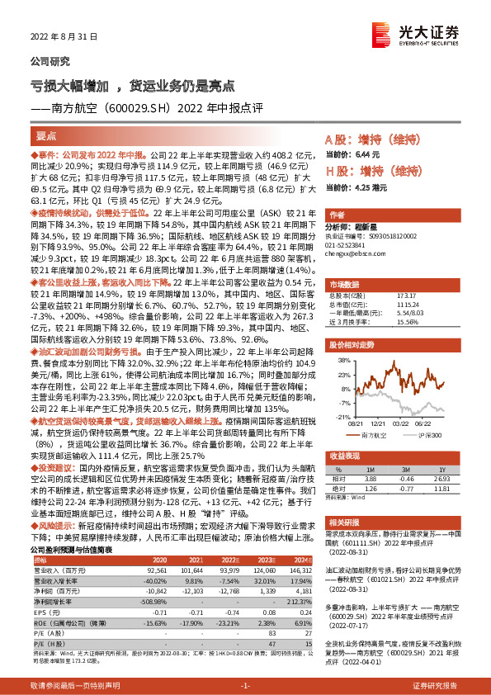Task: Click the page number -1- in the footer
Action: (x=245, y=685)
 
